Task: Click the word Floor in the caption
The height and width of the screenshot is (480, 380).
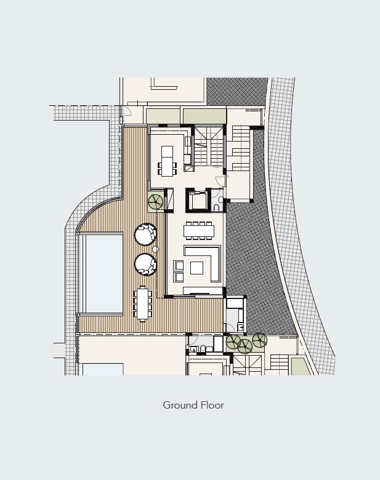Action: (x=212, y=405)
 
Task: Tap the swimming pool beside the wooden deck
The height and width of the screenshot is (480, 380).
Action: (x=104, y=273)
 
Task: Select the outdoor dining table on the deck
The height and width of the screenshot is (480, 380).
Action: (x=142, y=303)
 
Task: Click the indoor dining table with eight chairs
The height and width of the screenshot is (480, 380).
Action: (x=199, y=231)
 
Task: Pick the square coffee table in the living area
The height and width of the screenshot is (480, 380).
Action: (x=196, y=268)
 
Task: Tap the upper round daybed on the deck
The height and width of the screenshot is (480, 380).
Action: (x=145, y=234)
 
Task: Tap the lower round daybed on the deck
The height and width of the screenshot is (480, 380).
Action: (x=145, y=264)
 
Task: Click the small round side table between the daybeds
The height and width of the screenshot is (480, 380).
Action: (x=155, y=249)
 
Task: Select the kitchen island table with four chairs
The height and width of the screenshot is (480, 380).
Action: (x=167, y=161)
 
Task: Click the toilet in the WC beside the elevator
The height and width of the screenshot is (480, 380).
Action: (x=216, y=208)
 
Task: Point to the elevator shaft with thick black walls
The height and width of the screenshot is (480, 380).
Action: (x=198, y=201)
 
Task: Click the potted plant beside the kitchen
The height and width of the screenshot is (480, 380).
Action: (x=156, y=201)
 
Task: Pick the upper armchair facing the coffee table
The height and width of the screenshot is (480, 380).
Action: (x=179, y=265)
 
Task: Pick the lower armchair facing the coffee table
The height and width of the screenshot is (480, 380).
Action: (x=179, y=277)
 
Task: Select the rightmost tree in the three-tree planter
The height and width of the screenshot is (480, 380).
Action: (x=259, y=340)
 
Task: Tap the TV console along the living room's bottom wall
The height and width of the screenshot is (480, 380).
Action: (x=203, y=291)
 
